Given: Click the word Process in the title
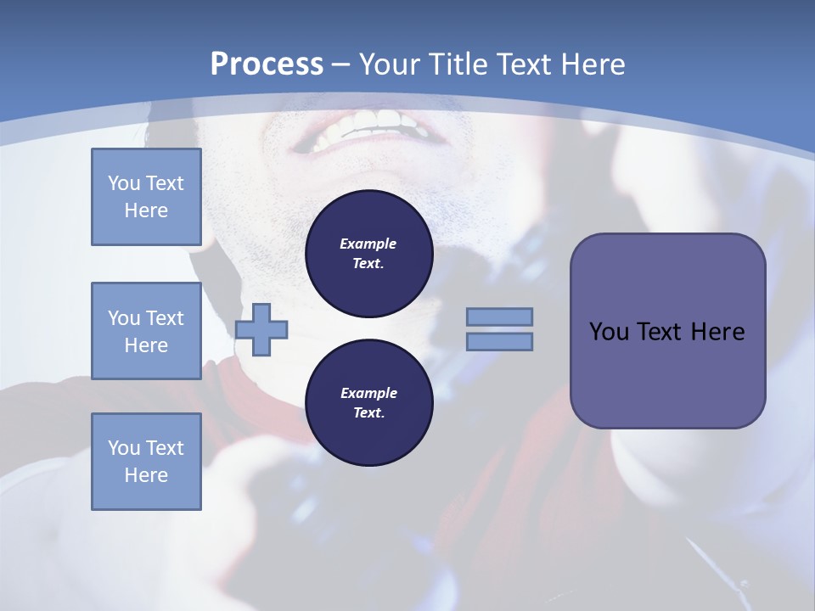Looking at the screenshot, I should coord(266,64).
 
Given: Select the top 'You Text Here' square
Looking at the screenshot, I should coord(146,197).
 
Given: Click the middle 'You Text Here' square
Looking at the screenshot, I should coord(146,331).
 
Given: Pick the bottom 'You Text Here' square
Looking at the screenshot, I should coord(146,462).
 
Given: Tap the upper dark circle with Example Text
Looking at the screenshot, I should coord(368,253).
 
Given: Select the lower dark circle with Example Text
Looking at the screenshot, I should coord(368,402).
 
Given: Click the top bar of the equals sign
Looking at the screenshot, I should coord(499,317).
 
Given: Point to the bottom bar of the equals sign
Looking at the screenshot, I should coord(499,342).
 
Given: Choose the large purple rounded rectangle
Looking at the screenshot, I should coord(667,331).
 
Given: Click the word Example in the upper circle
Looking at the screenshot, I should coord(368,244).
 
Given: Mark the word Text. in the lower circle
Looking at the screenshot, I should coord(368,413).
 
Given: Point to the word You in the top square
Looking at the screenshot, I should coord(123,183).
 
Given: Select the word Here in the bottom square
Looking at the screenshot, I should coord(146,475).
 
